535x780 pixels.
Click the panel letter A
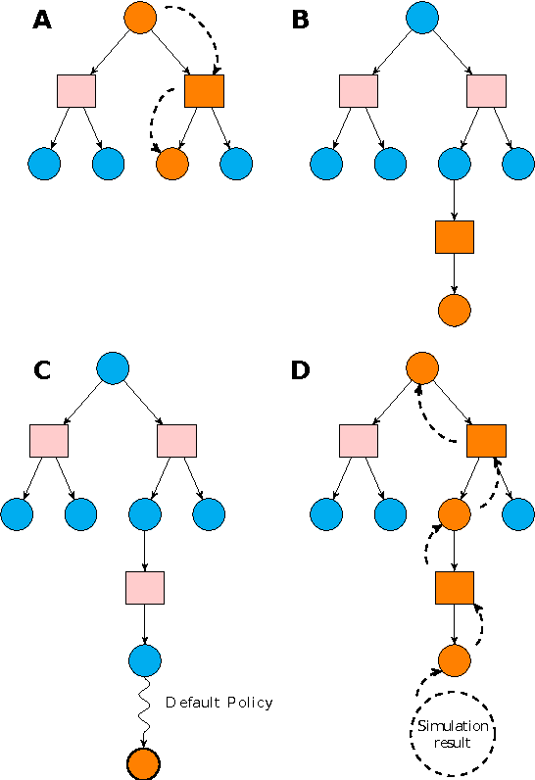pos(42,21)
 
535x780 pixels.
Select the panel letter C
pos(42,370)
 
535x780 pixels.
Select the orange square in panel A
pos(204,91)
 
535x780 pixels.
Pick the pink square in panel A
pos(75,91)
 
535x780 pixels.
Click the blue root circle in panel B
pos(421,18)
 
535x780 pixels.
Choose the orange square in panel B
pos(454,236)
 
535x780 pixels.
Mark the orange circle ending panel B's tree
pos(454,309)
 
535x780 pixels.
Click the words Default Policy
pos(219,703)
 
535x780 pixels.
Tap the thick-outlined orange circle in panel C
pos(144,761)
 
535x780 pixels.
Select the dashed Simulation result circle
pos(454,734)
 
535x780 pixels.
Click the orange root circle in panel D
pos(421,367)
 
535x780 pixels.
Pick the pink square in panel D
pos(358,441)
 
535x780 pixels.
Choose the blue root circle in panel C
pos(114,367)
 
